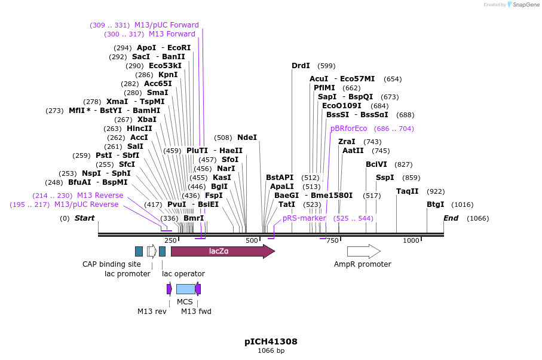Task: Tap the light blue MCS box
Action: click(185, 289)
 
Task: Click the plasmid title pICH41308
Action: click(271, 342)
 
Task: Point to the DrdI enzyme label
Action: click(301, 66)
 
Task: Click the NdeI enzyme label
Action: click(247, 138)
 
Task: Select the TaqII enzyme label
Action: click(407, 191)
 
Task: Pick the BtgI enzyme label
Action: click(435, 205)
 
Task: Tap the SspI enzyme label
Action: click(385, 178)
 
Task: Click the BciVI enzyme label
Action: click(376, 164)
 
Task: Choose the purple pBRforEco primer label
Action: click(348, 129)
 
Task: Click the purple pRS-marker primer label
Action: click(304, 218)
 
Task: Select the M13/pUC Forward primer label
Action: click(166, 25)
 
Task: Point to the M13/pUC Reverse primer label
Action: click(86, 205)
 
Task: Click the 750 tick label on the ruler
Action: click(332, 240)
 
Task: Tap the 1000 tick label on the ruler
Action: click(411, 240)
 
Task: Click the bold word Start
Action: click(84, 218)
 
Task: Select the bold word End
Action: click(451, 218)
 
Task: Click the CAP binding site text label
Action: click(112, 264)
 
